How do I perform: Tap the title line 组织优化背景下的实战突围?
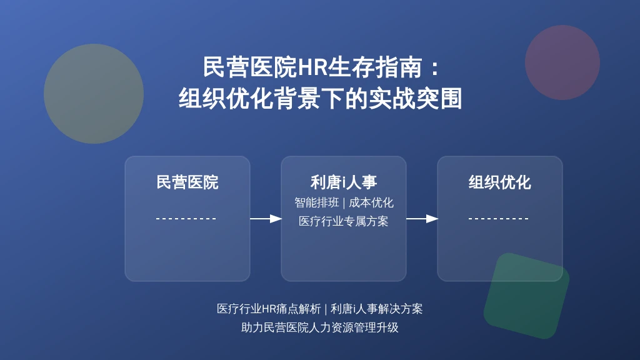(x=320, y=98)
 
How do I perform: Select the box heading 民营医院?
(x=187, y=182)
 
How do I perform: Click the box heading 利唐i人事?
(x=344, y=182)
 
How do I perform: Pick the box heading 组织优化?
(x=499, y=182)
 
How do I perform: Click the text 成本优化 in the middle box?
(x=371, y=202)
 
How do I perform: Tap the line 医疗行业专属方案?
(x=344, y=221)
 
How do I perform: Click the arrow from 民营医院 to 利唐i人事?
(x=266, y=219)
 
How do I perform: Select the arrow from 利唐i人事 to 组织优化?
(x=422, y=219)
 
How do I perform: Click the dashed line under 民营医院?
(x=186, y=219)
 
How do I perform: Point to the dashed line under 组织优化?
(x=498, y=219)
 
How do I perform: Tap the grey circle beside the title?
(x=94, y=94)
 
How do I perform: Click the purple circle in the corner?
(x=562, y=62)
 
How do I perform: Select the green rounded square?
(x=526, y=296)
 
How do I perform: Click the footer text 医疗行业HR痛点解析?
(x=269, y=309)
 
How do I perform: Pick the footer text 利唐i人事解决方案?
(x=376, y=309)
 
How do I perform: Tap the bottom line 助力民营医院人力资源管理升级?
(x=319, y=327)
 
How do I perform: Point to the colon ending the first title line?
(x=435, y=67)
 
